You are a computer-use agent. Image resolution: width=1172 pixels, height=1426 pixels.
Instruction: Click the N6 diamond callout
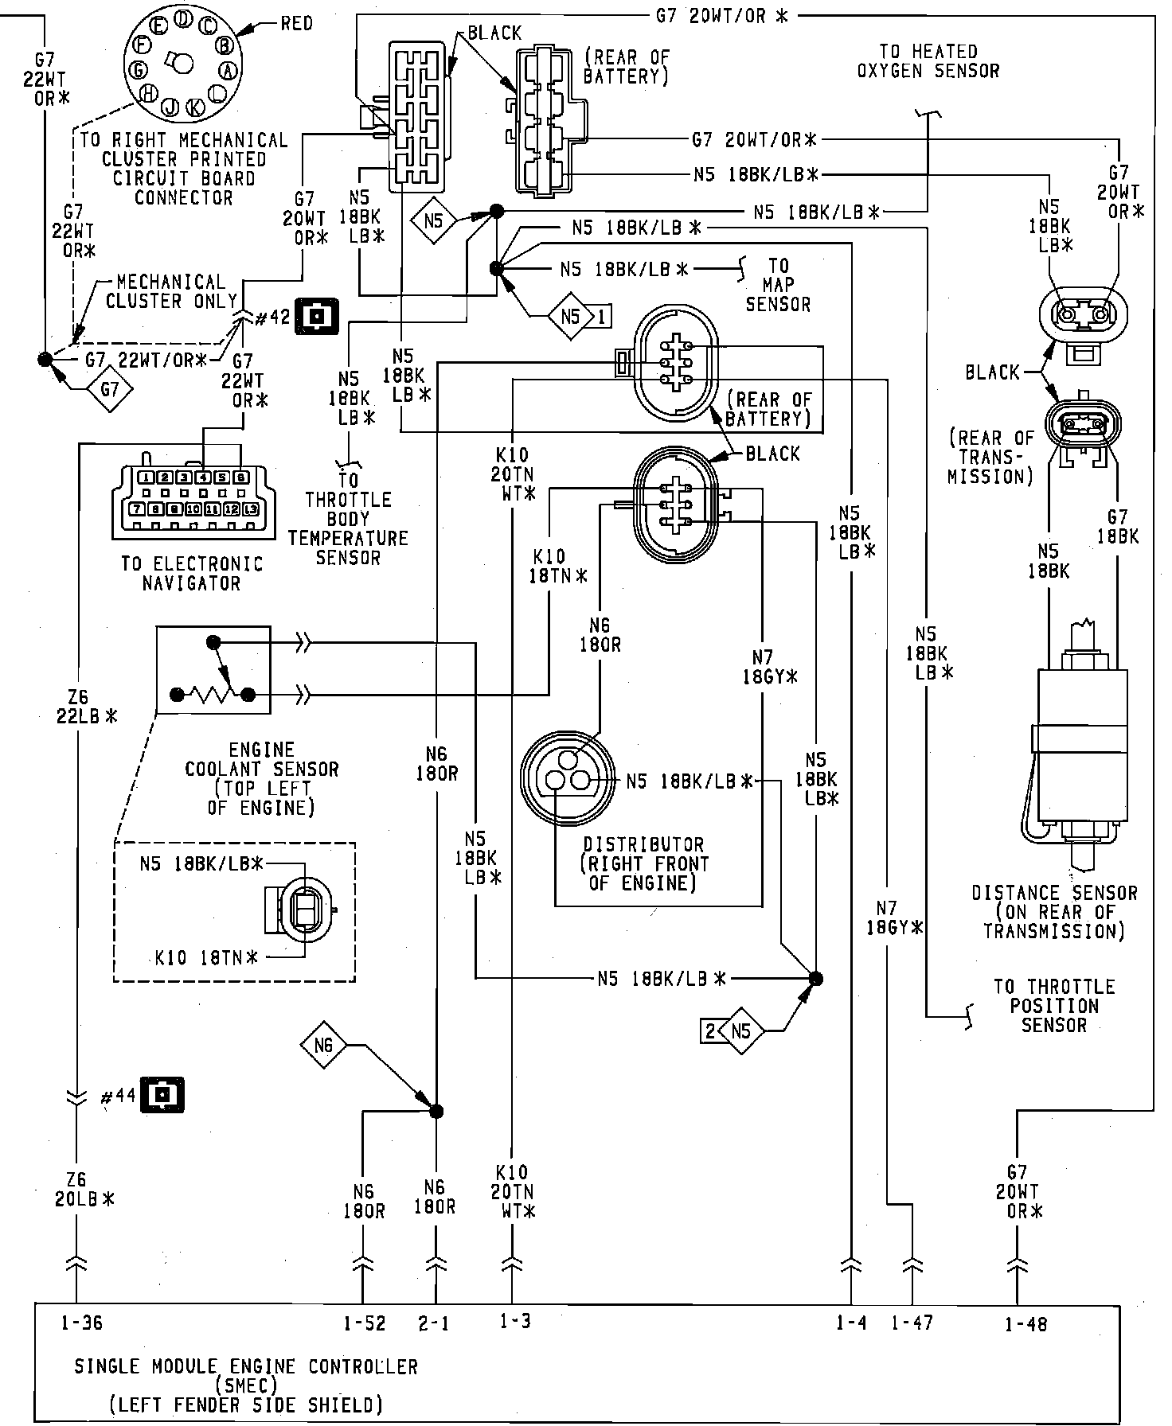tap(322, 1044)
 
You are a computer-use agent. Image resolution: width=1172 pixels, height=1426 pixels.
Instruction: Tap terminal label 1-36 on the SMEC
tap(81, 1323)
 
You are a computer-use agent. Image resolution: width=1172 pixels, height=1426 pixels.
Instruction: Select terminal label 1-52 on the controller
tap(365, 1323)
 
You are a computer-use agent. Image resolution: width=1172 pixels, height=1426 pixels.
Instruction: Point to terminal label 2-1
tap(433, 1323)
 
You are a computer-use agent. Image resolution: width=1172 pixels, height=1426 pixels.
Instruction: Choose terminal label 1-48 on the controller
tap(1026, 1324)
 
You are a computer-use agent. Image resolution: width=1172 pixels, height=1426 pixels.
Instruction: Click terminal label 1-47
tap(912, 1323)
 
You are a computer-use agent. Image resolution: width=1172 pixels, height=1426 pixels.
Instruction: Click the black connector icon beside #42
tap(318, 315)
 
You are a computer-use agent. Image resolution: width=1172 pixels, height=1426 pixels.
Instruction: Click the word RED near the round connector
tap(296, 23)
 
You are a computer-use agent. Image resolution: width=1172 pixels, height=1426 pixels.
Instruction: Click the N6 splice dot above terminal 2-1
tap(436, 1112)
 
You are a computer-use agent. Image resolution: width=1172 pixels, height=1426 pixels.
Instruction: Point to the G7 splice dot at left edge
tap(45, 359)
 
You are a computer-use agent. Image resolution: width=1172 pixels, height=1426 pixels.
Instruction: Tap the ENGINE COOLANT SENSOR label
tap(262, 779)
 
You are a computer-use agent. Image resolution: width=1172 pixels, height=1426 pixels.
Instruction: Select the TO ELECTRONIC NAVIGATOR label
tap(191, 573)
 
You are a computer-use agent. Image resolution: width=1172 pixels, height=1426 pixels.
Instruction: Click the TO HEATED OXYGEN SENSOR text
tap(928, 61)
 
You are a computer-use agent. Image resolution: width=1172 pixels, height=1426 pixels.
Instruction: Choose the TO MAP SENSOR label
tap(778, 284)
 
